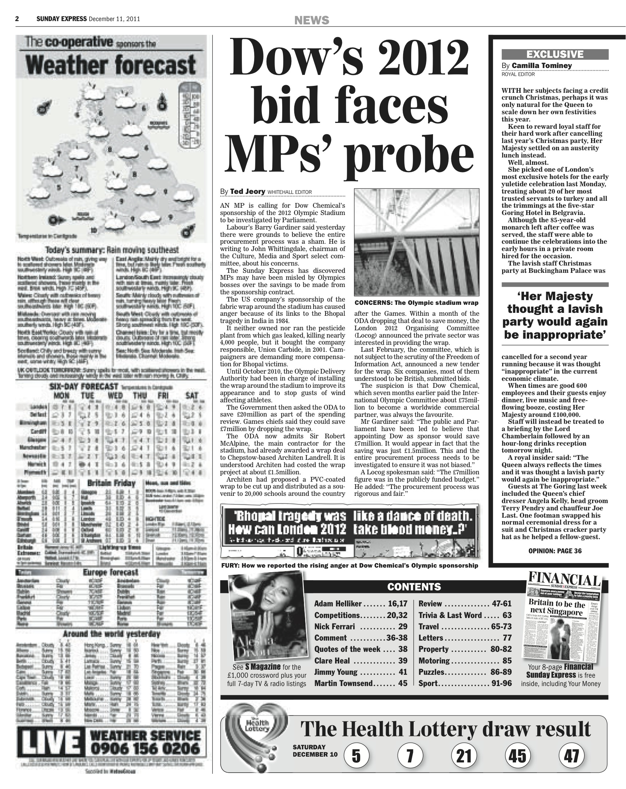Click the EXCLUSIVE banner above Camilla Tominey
click(555, 55)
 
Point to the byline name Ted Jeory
click(247, 191)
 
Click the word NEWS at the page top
click(312, 20)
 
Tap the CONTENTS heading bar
click(414, 587)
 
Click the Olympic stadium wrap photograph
click(417, 242)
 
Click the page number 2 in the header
click(17, 19)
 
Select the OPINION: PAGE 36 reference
click(555, 551)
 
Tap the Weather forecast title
click(111, 65)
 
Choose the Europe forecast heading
click(110, 571)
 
